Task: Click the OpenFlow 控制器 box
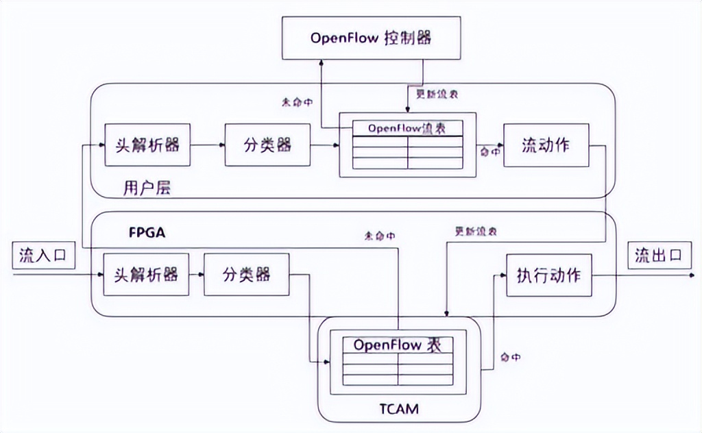point(371,38)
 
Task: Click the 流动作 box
point(546,145)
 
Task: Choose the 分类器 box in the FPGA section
point(246,275)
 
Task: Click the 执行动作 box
point(548,275)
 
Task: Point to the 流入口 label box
point(43,256)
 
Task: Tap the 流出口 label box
point(658,256)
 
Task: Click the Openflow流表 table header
point(407,128)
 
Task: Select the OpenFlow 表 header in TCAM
point(398,345)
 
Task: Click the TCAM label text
point(398,410)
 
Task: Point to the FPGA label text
point(147,232)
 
